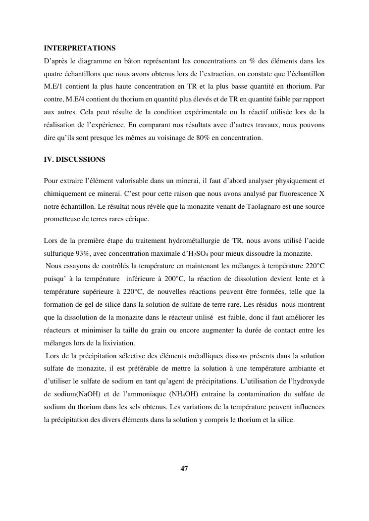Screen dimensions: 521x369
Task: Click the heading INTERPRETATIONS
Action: point(80,48)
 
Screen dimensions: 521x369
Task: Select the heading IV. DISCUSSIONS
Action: point(75,160)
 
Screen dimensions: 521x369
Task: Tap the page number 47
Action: point(184,468)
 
